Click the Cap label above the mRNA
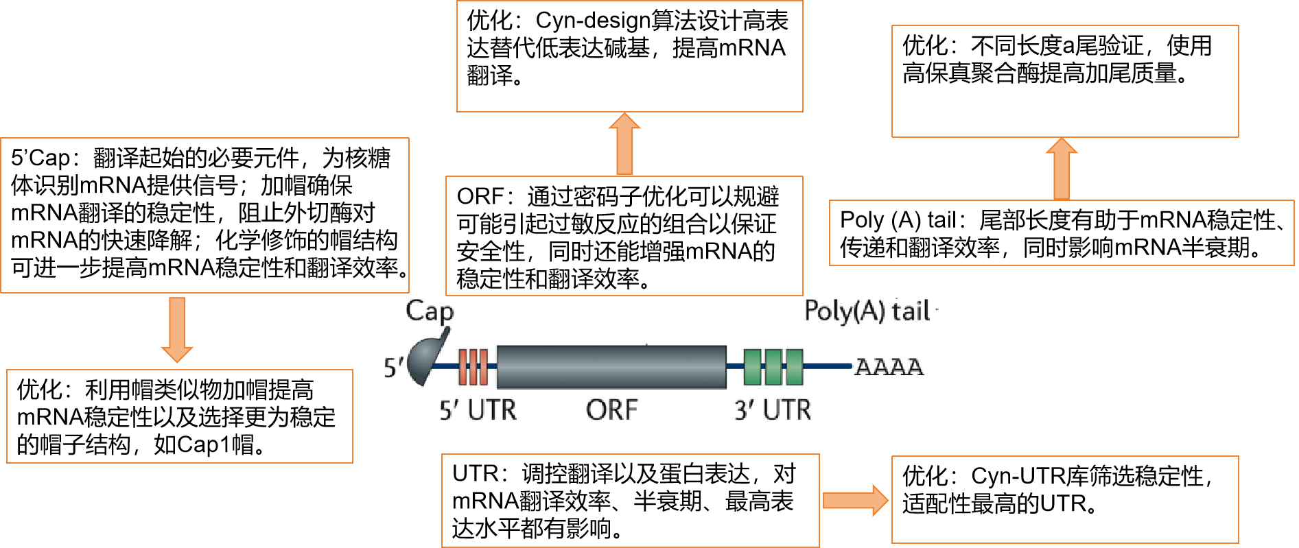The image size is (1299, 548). pyautogui.click(x=430, y=311)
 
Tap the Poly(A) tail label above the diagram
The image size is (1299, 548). pyautogui.click(x=867, y=311)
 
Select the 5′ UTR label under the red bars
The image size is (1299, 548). pyautogui.click(x=478, y=410)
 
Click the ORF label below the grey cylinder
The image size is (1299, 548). pyautogui.click(x=611, y=410)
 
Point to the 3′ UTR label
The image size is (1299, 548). pyautogui.click(x=773, y=410)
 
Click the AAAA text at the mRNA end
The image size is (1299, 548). pyautogui.click(x=889, y=367)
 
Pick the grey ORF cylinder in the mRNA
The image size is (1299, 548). pyautogui.click(x=611, y=367)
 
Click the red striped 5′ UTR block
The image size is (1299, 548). pyautogui.click(x=473, y=367)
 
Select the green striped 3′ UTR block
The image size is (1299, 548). pyautogui.click(x=773, y=367)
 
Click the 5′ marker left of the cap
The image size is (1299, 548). pyautogui.click(x=394, y=368)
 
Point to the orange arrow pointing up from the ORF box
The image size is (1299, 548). pyautogui.click(x=624, y=143)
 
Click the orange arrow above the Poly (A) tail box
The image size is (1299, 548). pyautogui.click(x=1062, y=169)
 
